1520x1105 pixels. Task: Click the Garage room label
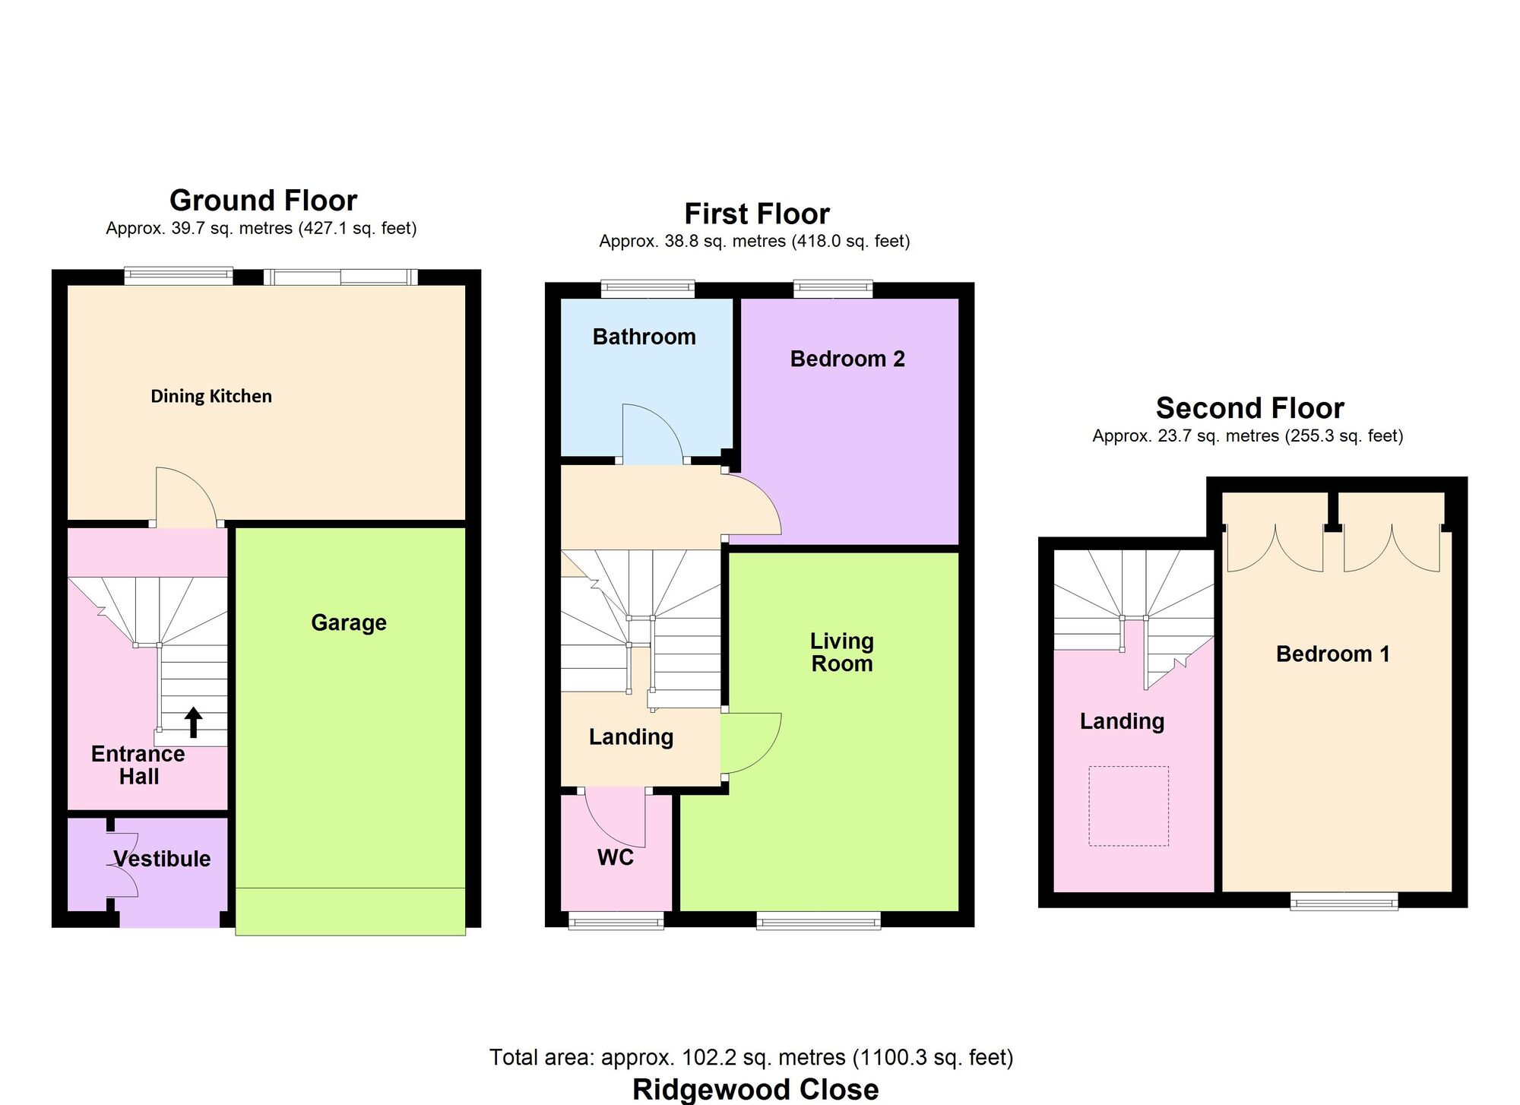(349, 622)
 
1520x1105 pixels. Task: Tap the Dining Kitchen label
(211, 396)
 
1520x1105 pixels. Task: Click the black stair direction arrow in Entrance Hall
(193, 723)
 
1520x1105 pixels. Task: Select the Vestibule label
(162, 859)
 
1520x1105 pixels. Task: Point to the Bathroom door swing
(651, 433)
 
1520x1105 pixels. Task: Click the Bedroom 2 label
(847, 359)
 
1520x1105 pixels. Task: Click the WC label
(616, 857)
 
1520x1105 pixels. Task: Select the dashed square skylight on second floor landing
(1129, 806)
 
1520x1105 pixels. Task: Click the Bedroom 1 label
(1333, 654)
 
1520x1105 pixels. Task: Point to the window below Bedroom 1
(1344, 901)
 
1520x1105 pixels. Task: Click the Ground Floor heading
(263, 201)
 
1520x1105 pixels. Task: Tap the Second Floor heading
(1249, 408)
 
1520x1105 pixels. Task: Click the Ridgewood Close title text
(755, 1089)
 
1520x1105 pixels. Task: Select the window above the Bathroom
(648, 288)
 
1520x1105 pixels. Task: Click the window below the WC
(616, 920)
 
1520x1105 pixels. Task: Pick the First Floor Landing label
(631, 736)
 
